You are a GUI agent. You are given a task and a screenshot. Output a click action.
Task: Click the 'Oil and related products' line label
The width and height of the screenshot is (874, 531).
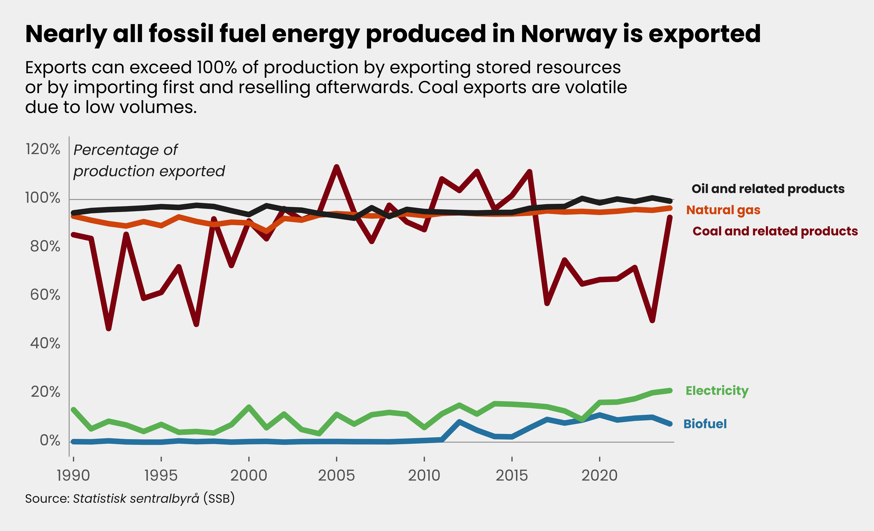pos(768,189)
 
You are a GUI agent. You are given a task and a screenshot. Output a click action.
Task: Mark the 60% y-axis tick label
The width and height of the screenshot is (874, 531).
pos(45,295)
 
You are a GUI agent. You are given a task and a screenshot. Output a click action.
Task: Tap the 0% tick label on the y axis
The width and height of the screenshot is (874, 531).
pos(50,440)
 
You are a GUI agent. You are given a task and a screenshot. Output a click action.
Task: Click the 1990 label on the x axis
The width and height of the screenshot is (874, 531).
pos(73,475)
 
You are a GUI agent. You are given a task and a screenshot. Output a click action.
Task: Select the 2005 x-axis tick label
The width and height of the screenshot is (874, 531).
pos(336,475)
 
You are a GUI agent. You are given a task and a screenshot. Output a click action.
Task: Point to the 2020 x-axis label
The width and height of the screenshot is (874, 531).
pos(599,475)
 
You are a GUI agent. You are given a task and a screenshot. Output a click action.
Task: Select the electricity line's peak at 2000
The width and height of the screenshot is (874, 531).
pos(249,407)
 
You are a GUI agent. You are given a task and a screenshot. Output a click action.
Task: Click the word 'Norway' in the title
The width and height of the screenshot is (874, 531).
pos(569,34)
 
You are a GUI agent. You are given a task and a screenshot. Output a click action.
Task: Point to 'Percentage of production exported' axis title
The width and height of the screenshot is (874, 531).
pos(149,160)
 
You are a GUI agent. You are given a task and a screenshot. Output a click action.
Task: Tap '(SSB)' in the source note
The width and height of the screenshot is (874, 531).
pos(219,498)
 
